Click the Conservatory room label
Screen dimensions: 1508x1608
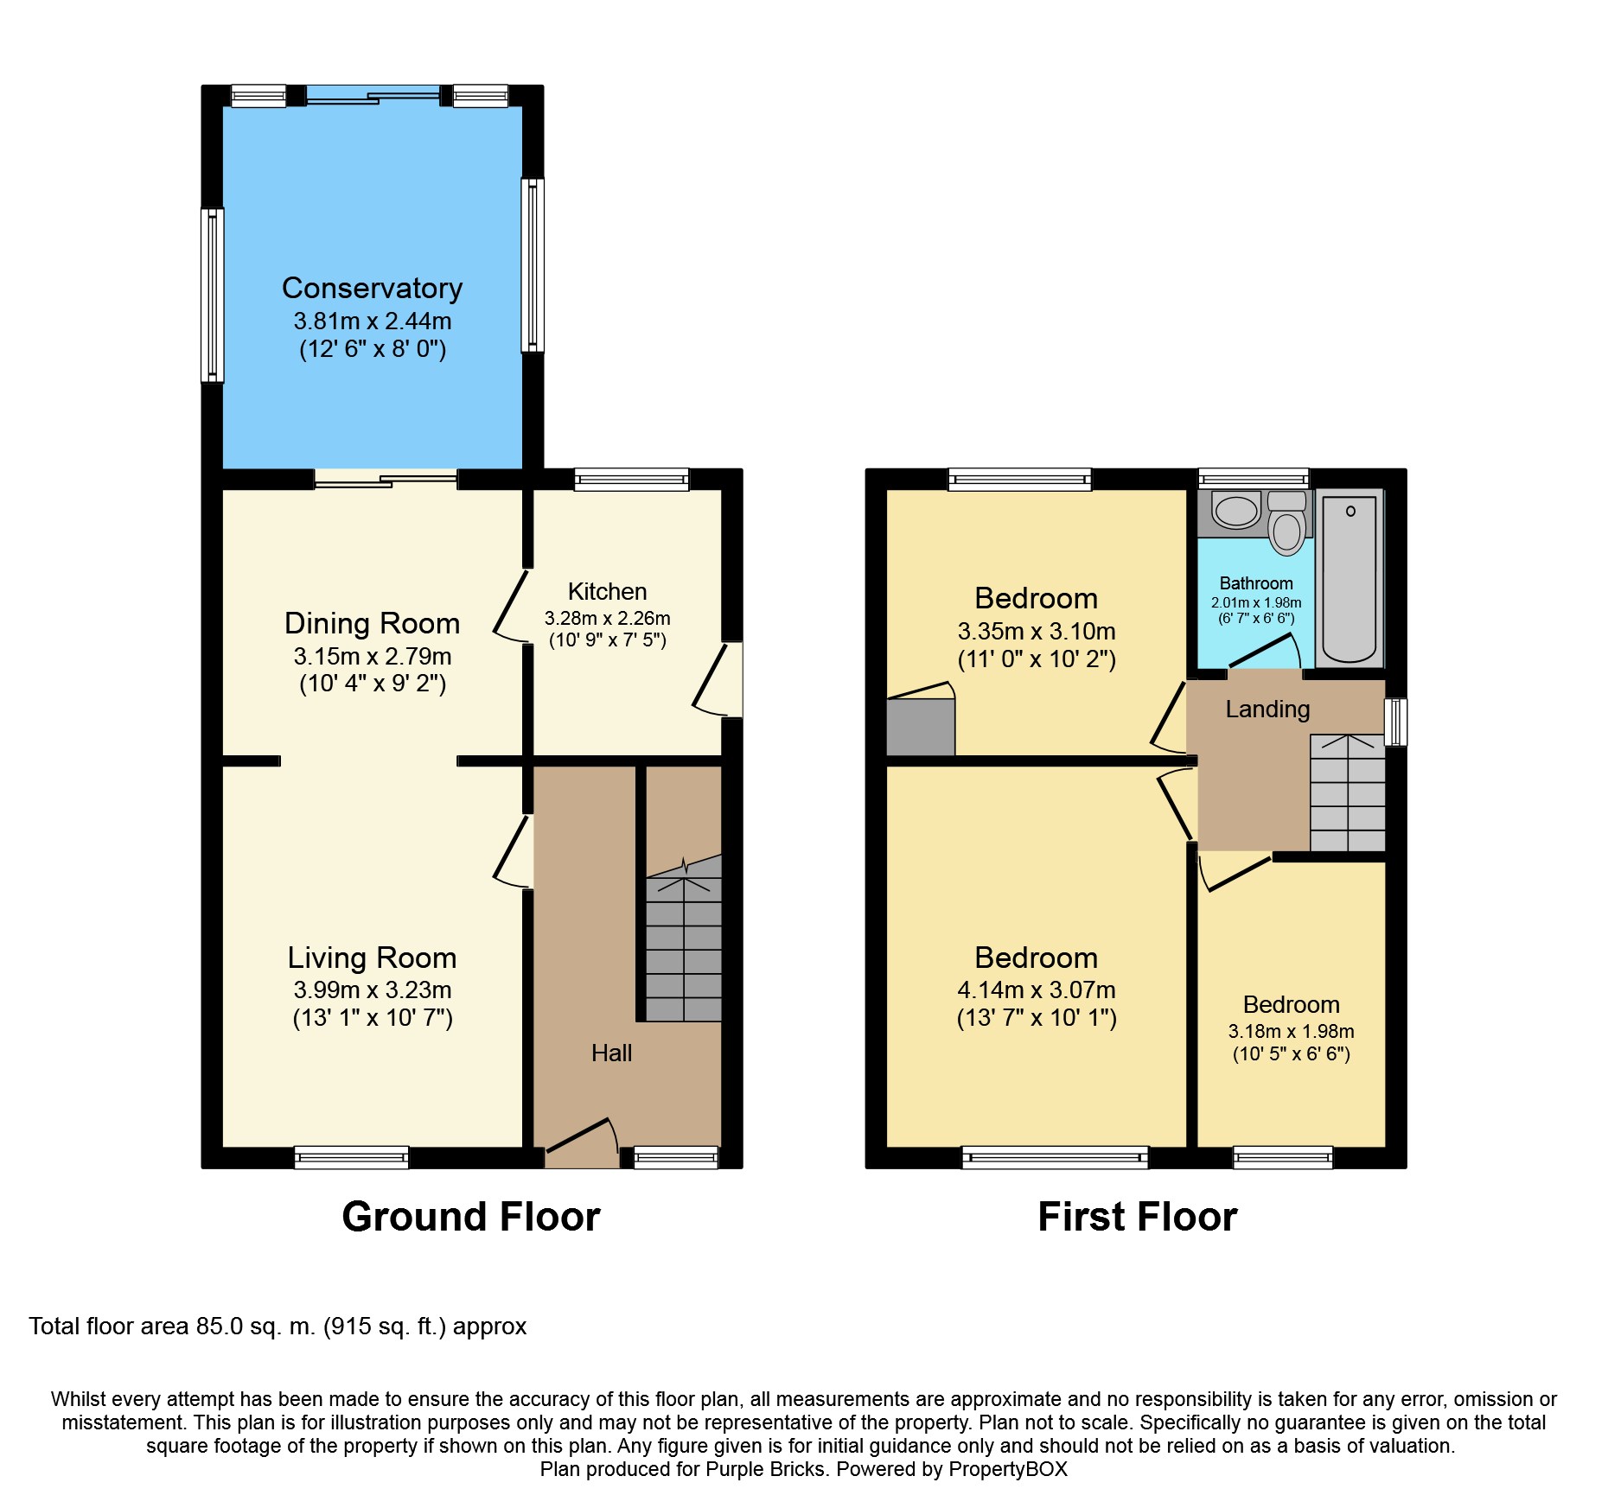pos(372,288)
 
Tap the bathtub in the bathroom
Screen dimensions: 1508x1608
pos(1350,577)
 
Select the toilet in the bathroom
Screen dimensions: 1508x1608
pos(1287,523)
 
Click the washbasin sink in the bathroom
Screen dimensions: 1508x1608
pos(1236,511)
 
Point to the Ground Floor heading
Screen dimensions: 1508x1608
pos(470,1217)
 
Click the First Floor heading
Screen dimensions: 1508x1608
pos(1137,1217)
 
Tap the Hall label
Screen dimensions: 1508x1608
pos(611,1053)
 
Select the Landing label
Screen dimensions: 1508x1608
pos(1267,709)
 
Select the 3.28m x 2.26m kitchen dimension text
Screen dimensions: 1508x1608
pos(607,618)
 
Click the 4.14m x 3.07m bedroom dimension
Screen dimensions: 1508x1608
pos(1036,989)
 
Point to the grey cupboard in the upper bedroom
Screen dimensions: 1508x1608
pos(921,727)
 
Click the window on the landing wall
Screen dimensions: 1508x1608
pos(1395,722)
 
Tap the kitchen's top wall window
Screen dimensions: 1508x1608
pos(631,480)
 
